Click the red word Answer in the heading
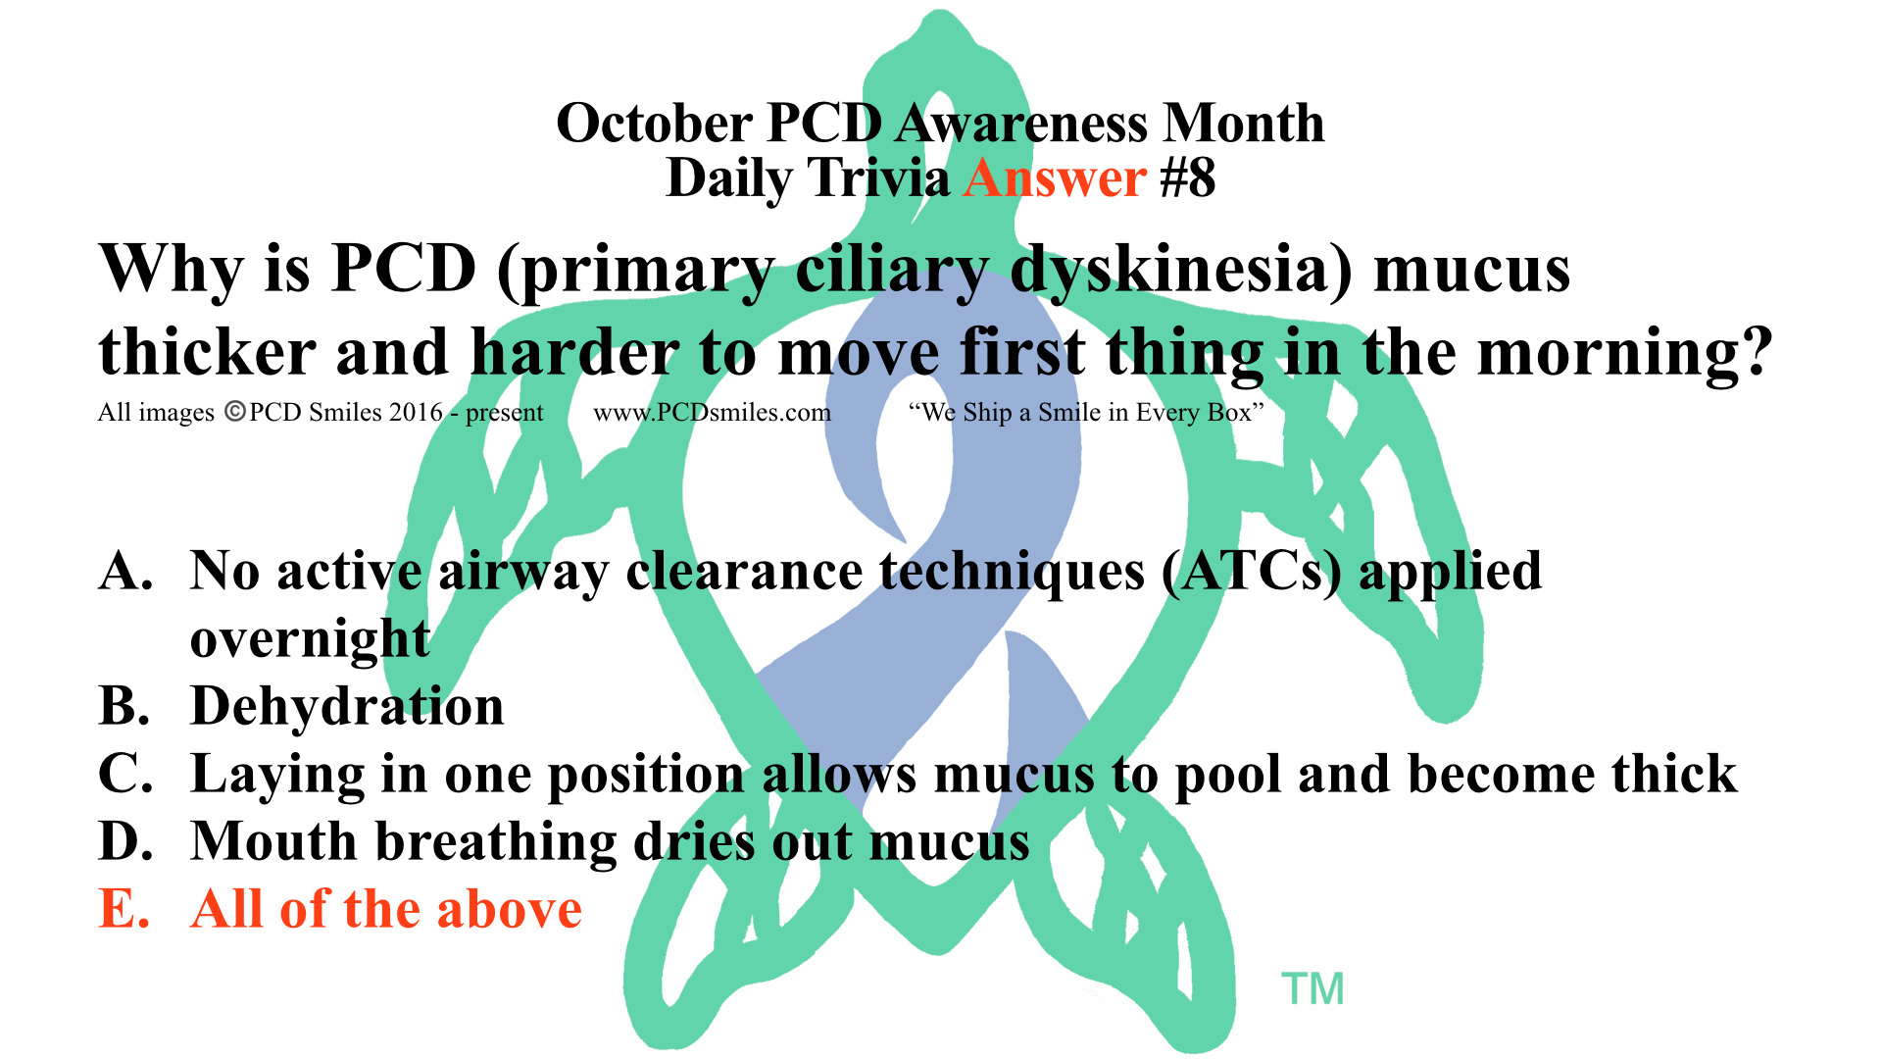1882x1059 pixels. [x=1055, y=179]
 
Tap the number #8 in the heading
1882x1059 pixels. [x=1187, y=179]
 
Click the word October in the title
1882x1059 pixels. [x=654, y=124]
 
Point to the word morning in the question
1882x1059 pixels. [x=1625, y=355]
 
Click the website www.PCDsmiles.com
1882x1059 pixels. [x=713, y=413]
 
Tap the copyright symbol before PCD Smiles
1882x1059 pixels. [x=235, y=412]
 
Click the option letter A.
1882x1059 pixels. [x=126, y=571]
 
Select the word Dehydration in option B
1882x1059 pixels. [x=347, y=706]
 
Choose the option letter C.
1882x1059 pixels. [x=126, y=774]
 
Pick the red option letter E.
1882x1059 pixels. [x=124, y=909]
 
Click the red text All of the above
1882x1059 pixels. [x=386, y=909]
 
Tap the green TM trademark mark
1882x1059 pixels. [x=1312, y=989]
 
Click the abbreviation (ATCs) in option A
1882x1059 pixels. [x=1252, y=573]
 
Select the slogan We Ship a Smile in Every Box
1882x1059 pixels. [x=1086, y=413]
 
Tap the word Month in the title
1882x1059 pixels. [x=1244, y=124]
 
